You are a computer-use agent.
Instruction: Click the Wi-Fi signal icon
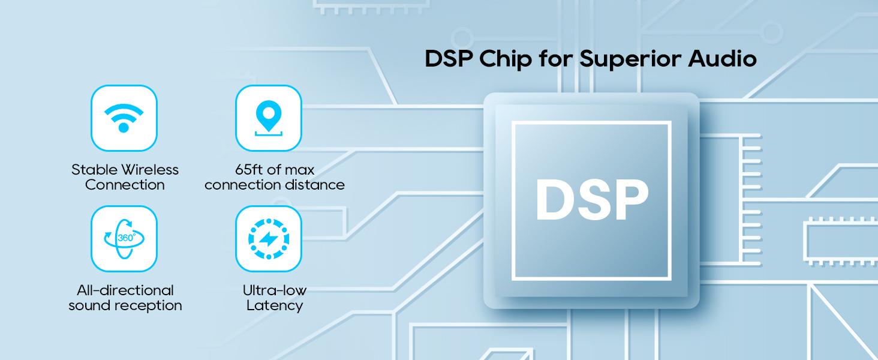(x=124, y=118)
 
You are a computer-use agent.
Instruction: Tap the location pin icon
(x=269, y=118)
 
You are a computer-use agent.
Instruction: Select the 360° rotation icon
(x=124, y=238)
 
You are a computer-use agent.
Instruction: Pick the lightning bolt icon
(x=269, y=239)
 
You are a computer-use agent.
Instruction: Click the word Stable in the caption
(x=95, y=170)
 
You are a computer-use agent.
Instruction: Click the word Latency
(x=275, y=305)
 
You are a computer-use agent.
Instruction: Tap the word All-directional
(x=125, y=290)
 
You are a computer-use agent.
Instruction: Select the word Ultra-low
(x=275, y=290)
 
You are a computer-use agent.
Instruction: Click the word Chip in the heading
(x=506, y=59)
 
